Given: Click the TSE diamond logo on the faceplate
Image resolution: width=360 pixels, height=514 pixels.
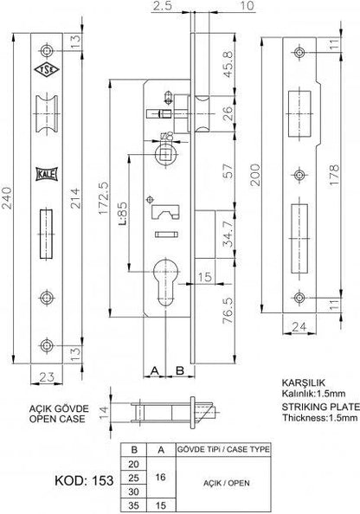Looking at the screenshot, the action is pyautogui.click(x=47, y=69).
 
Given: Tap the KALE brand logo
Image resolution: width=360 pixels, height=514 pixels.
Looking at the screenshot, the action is pyautogui.click(x=47, y=174).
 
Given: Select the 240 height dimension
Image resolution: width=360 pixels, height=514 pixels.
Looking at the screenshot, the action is pyautogui.click(x=7, y=198).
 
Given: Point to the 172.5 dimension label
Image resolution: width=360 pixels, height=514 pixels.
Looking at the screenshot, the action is pyautogui.click(x=104, y=198).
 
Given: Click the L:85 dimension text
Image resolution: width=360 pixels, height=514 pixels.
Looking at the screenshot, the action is pyautogui.click(x=122, y=214).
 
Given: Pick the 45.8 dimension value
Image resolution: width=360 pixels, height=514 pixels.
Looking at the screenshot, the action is pyautogui.click(x=228, y=64).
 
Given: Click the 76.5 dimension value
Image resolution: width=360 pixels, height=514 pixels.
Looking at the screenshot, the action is pyautogui.click(x=228, y=311).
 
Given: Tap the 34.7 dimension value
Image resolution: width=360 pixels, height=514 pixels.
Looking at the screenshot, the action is pyautogui.click(x=228, y=234).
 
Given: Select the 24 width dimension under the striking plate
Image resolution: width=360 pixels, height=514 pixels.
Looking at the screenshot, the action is pyautogui.click(x=299, y=326).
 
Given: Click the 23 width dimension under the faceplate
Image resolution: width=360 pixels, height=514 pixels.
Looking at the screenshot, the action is pyautogui.click(x=47, y=377).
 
